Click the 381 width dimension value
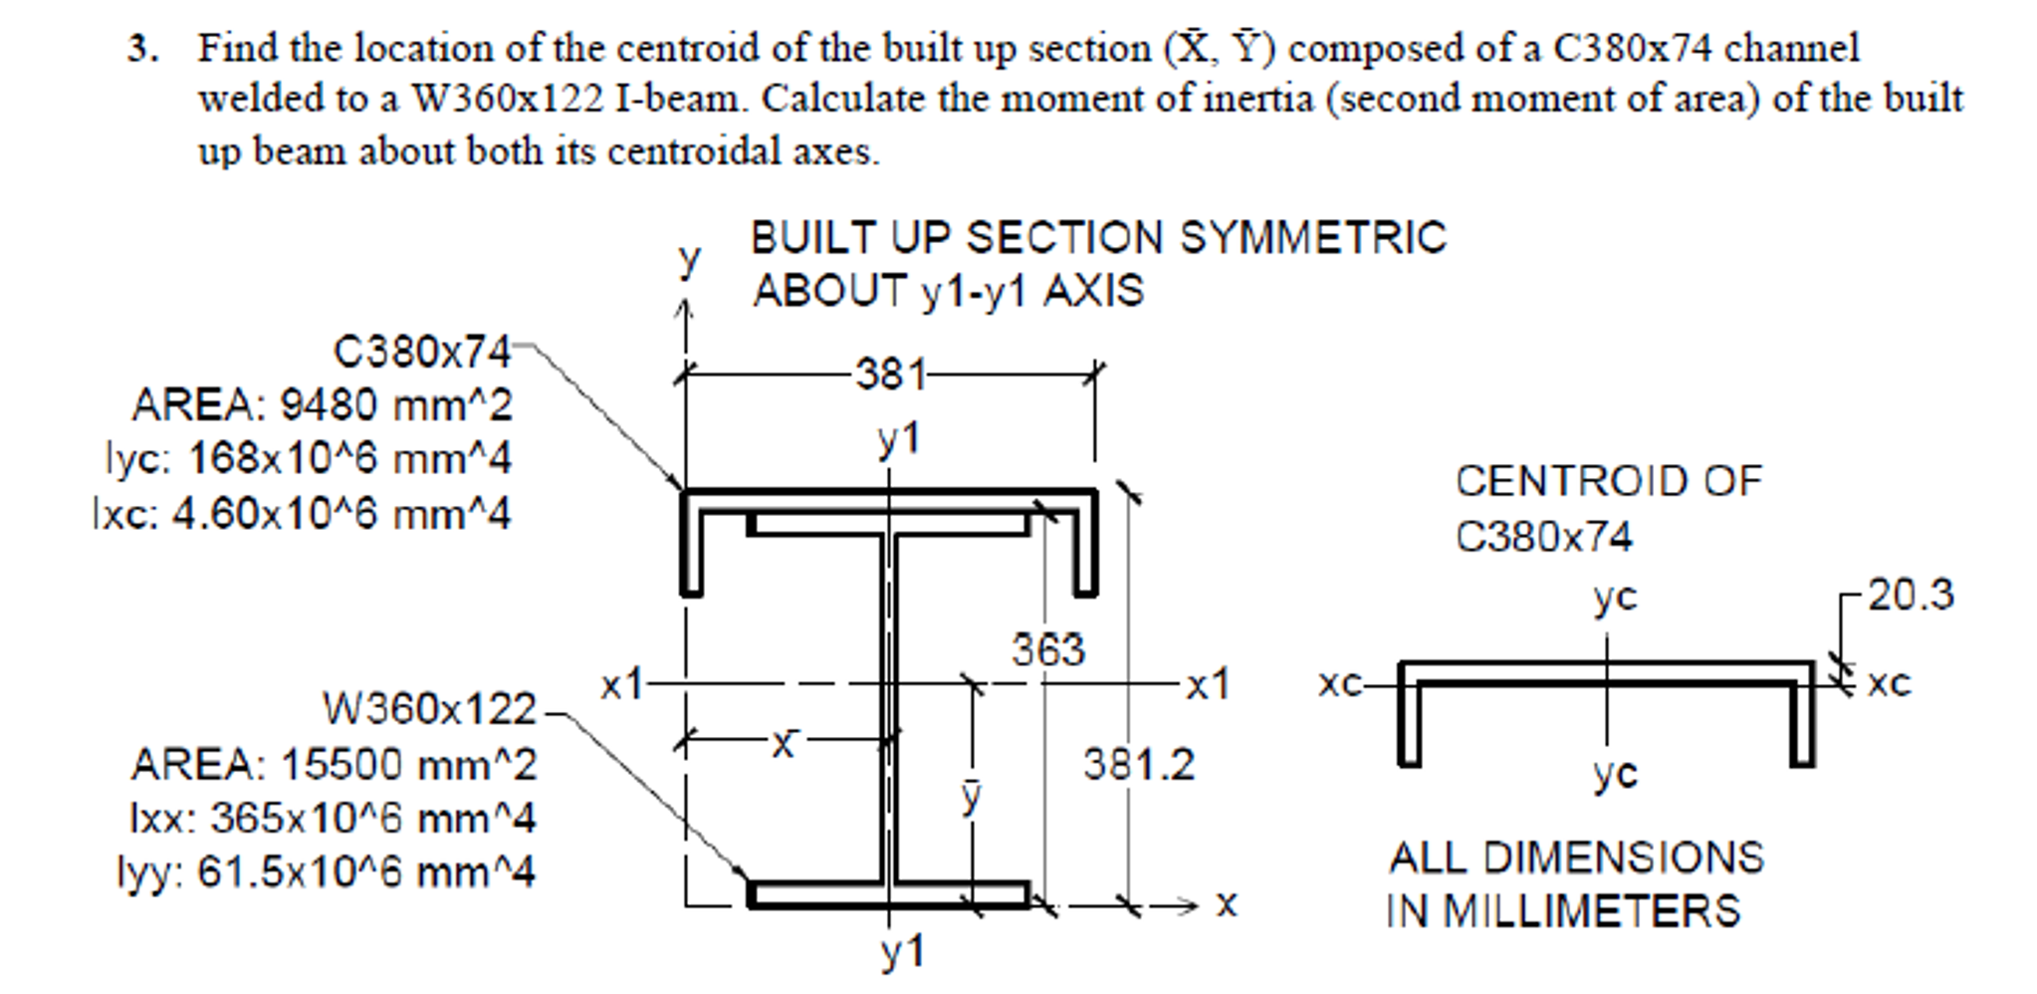890,374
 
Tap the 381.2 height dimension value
1138,764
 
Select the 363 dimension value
1047,650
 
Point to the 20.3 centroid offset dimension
1910,595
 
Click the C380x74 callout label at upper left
421,352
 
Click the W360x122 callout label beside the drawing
429,709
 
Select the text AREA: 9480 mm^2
322,405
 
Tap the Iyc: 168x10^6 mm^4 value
309,459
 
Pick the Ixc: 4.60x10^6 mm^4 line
302,514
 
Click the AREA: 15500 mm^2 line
334,764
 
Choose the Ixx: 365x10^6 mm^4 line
333,818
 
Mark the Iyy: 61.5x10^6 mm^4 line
327,871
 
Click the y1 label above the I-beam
898,439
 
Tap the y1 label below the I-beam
902,951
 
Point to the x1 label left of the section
622,685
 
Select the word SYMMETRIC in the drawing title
1312,237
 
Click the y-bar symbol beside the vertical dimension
971,796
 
